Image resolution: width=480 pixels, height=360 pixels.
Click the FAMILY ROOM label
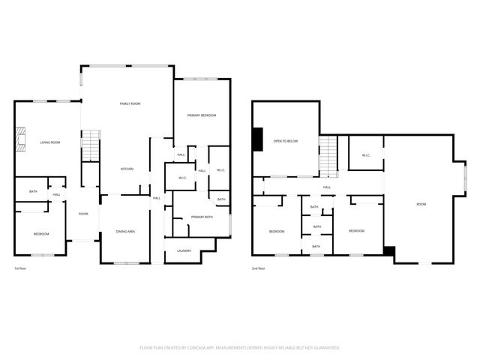coord(130,103)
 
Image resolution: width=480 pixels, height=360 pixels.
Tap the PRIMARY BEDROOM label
coord(202,115)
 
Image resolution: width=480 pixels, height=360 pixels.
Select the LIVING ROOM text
coord(50,142)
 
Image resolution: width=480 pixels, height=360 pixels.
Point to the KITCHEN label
coord(127,169)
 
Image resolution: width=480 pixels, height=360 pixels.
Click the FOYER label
coord(83,214)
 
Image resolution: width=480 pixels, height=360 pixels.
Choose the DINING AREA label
coord(124,232)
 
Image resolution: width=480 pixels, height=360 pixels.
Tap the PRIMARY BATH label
coord(200,217)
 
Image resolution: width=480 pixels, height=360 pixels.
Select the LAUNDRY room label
coord(184,250)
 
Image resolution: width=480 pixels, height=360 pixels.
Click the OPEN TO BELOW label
coord(286,140)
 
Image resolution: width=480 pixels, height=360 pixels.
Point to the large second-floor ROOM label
coord(421,204)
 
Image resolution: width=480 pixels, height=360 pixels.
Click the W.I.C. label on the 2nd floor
coord(365,155)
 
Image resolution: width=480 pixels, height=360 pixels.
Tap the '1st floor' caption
coord(21,268)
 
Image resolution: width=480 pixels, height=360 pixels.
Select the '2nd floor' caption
coord(259,268)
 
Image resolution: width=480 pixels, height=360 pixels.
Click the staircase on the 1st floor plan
coord(90,144)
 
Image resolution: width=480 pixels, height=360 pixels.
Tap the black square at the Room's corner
coord(388,251)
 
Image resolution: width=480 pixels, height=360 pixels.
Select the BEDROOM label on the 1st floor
coord(40,234)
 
